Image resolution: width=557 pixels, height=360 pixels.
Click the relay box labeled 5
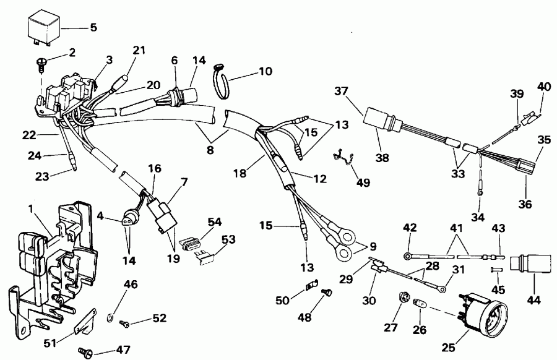[43, 30]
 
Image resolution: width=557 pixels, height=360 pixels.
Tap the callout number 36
[524, 203]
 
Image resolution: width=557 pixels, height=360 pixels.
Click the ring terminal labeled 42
[408, 254]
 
